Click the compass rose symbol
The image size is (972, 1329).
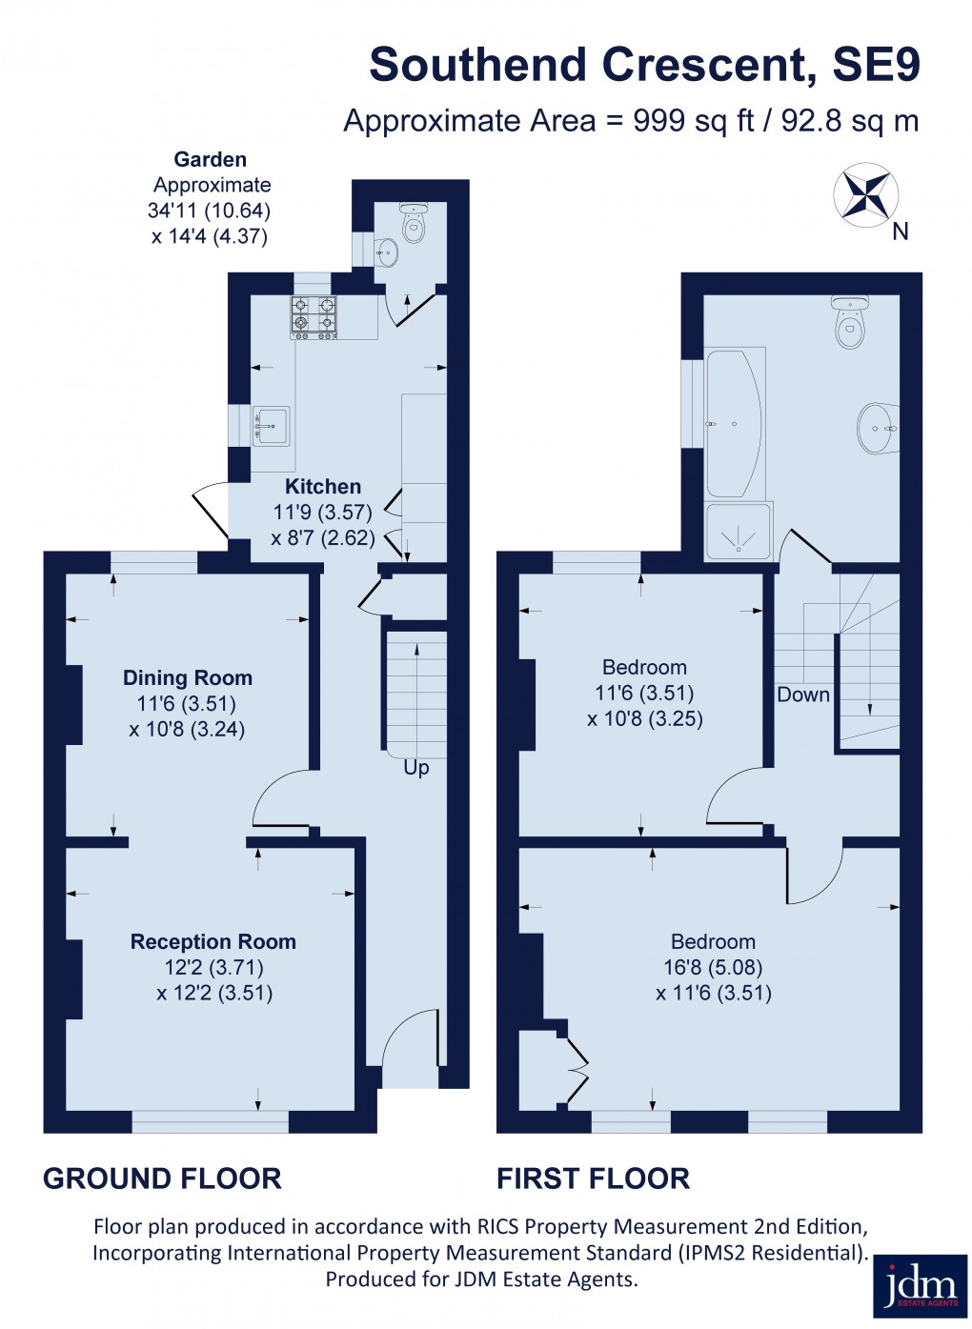point(865,195)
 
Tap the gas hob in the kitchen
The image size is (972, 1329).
point(314,317)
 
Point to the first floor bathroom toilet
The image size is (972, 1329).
point(850,324)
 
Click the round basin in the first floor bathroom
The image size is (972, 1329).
point(878,428)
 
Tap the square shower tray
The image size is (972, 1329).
point(738,531)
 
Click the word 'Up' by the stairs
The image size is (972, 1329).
point(416,767)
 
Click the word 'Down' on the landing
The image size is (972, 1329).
point(803,695)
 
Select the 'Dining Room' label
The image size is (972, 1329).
point(188,678)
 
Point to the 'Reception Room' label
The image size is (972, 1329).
point(213,942)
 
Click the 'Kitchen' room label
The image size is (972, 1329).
point(323,487)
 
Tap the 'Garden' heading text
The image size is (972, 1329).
point(210,160)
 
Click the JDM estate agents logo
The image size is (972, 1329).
point(920,1286)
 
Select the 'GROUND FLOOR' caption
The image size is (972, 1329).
point(162,1178)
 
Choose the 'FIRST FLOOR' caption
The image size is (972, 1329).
point(593,1178)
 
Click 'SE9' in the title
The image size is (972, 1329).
point(876,65)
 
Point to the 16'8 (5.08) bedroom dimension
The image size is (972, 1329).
point(713,968)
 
